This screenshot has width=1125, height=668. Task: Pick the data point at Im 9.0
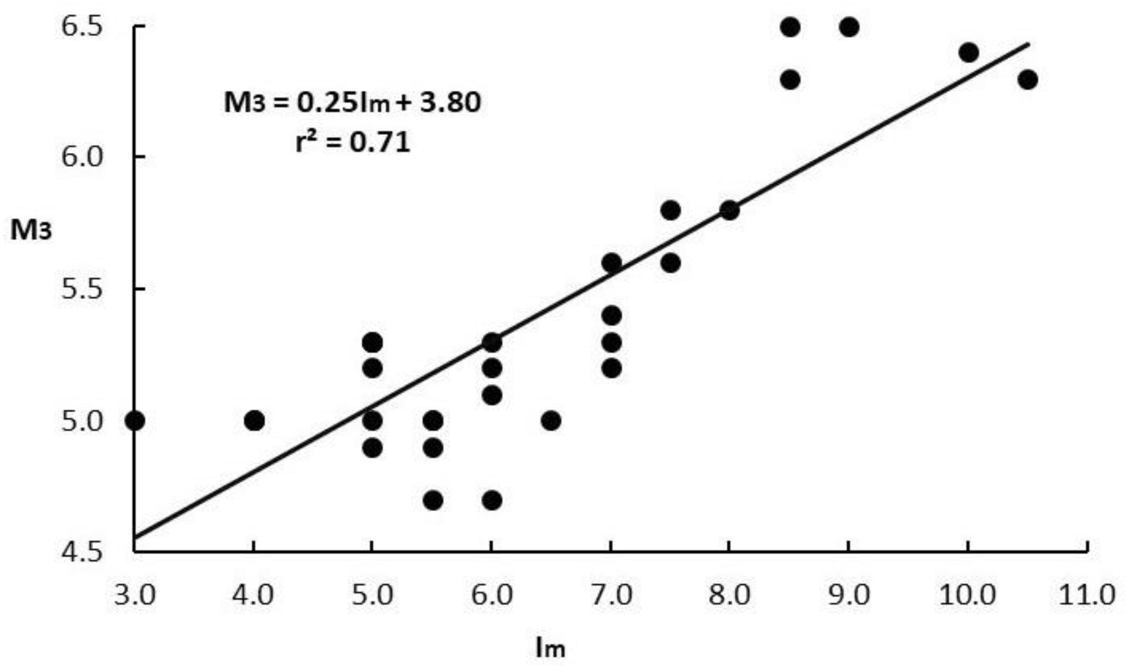click(849, 27)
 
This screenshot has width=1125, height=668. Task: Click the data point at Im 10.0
click(968, 53)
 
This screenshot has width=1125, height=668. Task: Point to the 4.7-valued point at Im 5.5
click(433, 500)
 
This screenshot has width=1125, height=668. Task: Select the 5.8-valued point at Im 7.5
click(671, 210)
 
